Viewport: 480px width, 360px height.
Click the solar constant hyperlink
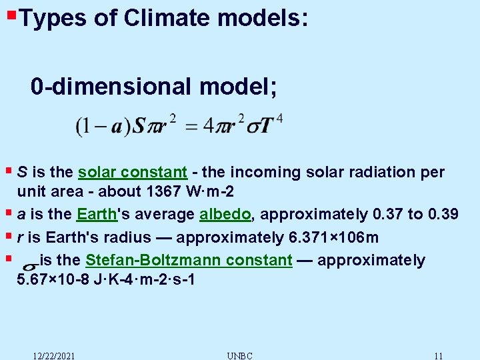point(132,172)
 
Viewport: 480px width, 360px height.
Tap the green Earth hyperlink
point(97,214)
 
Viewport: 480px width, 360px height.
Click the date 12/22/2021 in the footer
point(54,355)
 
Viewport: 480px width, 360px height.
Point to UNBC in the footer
point(239,355)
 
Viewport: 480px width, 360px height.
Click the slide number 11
point(438,355)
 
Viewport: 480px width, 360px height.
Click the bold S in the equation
point(138,126)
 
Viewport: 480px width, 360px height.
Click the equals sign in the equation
point(191,127)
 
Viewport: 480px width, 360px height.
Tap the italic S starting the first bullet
point(22,172)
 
